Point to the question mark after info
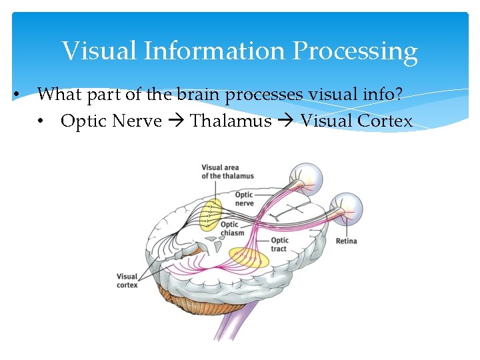tap(399, 95)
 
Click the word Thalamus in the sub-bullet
tap(231, 121)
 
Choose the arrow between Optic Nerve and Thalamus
tap(176, 122)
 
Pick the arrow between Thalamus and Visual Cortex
tap(286, 122)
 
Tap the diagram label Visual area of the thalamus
tap(227, 172)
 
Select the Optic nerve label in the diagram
tap(244, 199)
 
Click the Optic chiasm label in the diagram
tap(232, 229)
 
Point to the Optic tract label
tap(279, 244)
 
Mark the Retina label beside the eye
tap(346, 241)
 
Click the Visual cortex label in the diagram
tap(127, 281)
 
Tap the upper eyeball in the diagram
tap(308, 177)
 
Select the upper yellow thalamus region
tap(213, 213)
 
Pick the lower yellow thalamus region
tap(248, 257)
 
